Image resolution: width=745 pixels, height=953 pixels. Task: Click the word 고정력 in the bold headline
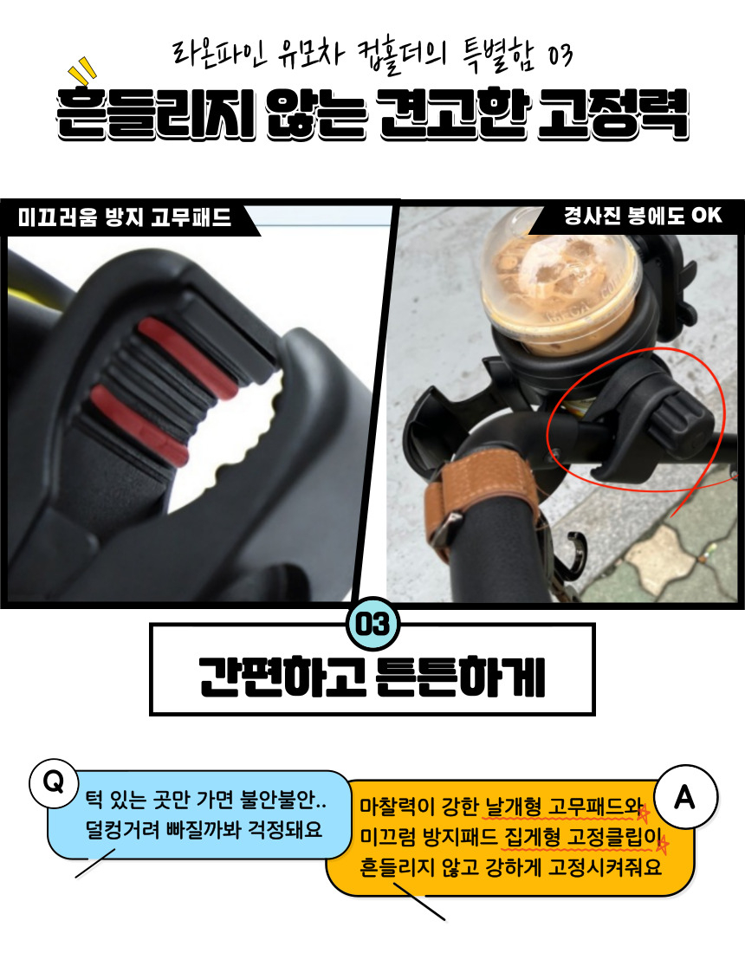612,113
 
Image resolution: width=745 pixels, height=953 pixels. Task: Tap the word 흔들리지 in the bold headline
156,114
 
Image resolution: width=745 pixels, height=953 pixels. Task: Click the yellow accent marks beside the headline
82,72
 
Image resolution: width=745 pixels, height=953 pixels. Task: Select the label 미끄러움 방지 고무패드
125,217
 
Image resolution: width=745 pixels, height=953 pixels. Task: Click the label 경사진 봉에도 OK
643,215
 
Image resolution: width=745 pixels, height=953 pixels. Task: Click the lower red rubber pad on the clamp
139,425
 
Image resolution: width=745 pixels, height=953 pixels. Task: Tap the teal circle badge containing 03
372,624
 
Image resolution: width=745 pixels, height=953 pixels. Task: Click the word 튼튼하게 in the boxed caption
461,675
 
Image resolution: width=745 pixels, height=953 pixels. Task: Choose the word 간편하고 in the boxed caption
282,675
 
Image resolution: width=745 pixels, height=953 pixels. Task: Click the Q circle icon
54,781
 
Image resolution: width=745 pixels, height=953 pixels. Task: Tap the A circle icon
685,797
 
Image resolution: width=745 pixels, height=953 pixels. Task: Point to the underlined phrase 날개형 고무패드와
563,807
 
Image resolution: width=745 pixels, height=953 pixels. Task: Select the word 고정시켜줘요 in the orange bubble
606,866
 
